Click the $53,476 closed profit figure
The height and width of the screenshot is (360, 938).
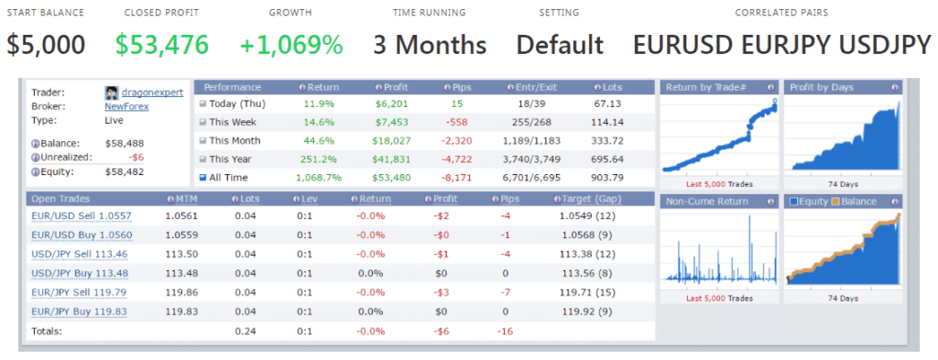click(162, 44)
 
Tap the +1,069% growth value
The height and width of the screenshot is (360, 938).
click(291, 44)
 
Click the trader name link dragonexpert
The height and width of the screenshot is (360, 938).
click(152, 93)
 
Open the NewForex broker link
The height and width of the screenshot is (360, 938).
click(127, 106)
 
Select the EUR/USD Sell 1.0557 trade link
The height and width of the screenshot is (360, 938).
click(81, 216)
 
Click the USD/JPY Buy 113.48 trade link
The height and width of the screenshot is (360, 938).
click(80, 272)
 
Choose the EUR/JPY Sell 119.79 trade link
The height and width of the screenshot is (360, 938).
click(80, 293)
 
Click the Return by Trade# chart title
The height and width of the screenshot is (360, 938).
click(705, 87)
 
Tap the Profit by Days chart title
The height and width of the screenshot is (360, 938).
click(822, 87)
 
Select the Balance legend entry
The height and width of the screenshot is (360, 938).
click(858, 202)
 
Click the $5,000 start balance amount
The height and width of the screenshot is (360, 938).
click(47, 44)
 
